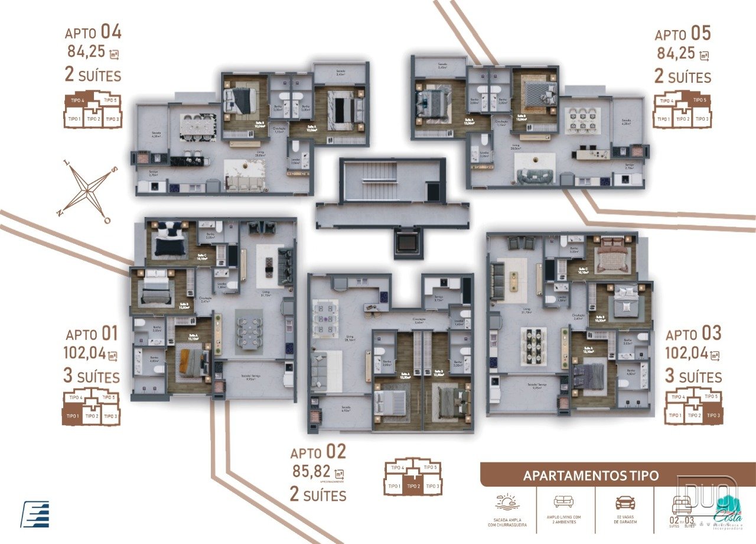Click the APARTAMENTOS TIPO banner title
coord(591,476)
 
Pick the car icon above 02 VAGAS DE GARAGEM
coord(625,503)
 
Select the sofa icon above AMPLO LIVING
coord(563,501)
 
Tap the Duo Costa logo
coord(708,503)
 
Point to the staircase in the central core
coord(381,180)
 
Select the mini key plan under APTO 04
coord(92,110)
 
